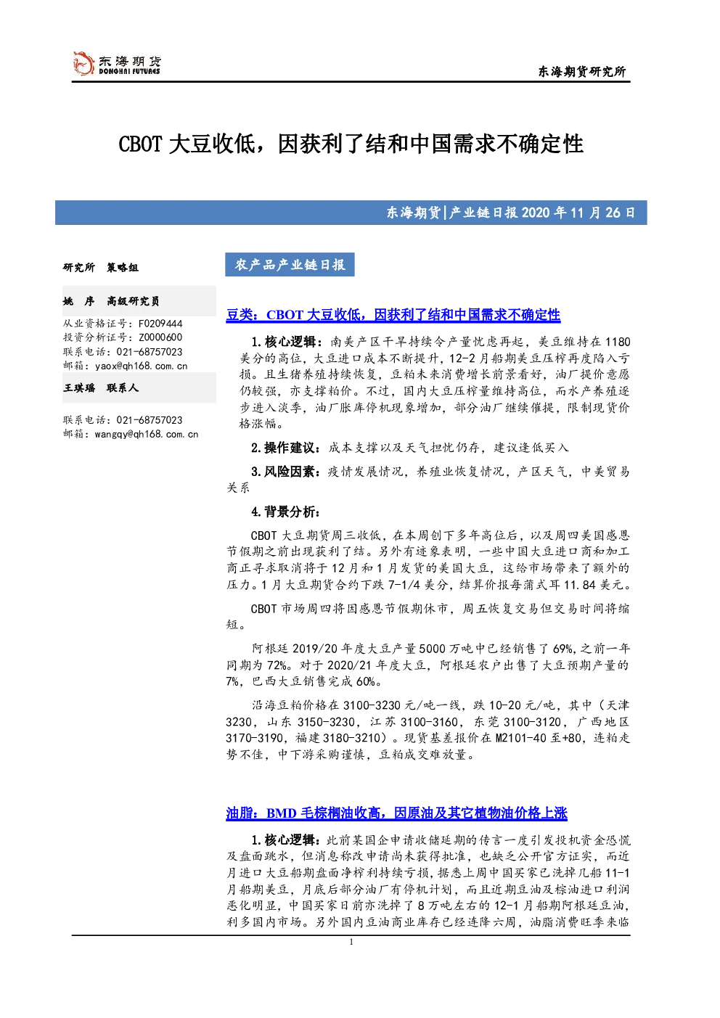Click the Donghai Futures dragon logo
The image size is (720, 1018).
83,64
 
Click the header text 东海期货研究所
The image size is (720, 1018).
582,71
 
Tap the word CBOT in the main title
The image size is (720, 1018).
140,144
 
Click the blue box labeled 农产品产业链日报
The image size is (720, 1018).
290,265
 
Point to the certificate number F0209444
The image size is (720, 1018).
160,324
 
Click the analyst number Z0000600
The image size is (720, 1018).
160,337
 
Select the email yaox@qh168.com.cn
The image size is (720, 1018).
141,366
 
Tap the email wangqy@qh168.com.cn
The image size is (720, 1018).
147,434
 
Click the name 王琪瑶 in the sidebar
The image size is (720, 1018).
79,388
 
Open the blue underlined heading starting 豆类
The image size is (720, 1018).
393,315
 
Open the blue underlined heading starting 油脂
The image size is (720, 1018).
397,813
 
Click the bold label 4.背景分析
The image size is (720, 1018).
285,512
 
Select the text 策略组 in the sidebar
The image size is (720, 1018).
123,268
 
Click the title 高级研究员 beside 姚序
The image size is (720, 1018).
133,301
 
